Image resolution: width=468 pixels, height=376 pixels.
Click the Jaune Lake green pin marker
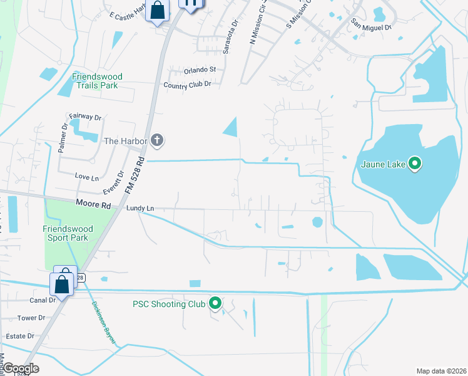(414, 164)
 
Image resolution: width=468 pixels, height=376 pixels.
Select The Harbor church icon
(158, 141)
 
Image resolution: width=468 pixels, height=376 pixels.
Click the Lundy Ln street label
(140, 208)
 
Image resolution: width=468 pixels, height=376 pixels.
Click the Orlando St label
(200, 70)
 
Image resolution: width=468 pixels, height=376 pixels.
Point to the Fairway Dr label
(85, 117)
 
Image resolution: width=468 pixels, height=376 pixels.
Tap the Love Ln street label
(86, 177)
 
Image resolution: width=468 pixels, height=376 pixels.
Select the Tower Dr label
(31, 318)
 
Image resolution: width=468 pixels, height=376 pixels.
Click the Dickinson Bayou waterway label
(103, 320)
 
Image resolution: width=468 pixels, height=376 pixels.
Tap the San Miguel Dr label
(371, 26)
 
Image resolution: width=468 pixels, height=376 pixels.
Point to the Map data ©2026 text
(441, 371)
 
